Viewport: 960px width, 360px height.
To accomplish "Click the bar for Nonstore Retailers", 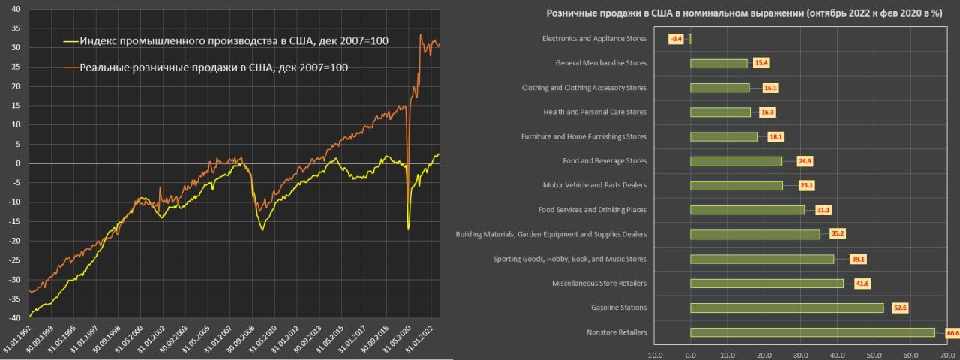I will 812,332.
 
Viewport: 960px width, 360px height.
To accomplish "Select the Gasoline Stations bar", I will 787,307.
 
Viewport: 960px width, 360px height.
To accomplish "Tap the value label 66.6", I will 952,332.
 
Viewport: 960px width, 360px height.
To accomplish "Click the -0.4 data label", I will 676,39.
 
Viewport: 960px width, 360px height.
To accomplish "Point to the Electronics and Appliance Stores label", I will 593,39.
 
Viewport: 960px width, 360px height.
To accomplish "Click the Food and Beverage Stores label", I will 604,161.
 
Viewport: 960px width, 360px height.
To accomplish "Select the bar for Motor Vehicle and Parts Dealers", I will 736,185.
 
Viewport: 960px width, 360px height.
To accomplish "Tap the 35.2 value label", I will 838,234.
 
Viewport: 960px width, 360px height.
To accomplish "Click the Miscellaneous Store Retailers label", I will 598,283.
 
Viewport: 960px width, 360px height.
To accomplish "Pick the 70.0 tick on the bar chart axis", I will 946,354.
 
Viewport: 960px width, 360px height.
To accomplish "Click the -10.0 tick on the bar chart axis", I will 654,354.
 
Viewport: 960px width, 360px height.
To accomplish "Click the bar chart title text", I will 744,13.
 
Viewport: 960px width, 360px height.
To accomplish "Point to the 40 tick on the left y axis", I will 16,9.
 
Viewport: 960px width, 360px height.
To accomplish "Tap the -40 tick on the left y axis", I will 14,317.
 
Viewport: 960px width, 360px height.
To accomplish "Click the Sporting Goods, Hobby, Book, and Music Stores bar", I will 762,259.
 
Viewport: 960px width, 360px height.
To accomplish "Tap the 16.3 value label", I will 766,112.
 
